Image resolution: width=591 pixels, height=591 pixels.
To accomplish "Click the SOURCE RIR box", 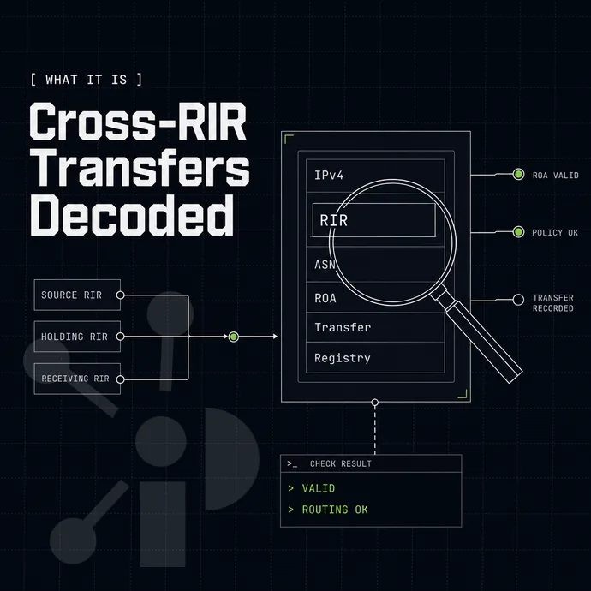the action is (x=77, y=295).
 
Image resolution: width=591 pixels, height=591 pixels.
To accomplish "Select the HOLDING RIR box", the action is (x=77, y=337).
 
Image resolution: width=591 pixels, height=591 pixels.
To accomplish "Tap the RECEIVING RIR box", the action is (x=77, y=379).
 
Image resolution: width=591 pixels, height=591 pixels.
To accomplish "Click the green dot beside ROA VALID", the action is (x=519, y=174).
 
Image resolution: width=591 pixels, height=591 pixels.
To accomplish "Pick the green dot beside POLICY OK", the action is (x=519, y=232).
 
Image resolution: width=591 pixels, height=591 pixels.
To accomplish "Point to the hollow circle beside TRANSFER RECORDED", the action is (x=519, y=300).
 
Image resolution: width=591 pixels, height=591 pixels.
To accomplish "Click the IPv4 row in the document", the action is (x=375, y=176).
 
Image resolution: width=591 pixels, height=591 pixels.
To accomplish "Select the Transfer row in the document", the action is (x=375, y=327).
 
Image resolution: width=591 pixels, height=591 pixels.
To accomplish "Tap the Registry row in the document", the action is (x=375, y=358).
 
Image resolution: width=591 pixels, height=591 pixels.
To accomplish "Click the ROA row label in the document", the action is (x=325, y=298).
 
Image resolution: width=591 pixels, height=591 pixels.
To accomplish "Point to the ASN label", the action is (x=325, y=265).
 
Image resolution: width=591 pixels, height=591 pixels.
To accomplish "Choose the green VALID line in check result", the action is (x=318, y=488).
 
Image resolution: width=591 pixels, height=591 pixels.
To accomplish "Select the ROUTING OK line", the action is (x=335, y=510).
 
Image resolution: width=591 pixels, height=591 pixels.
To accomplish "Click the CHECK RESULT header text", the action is (x=341, y=463).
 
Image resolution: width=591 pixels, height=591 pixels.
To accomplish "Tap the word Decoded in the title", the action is (x=132, y=215).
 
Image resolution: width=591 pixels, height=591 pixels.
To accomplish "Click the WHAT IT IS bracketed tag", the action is (x=87, y=80).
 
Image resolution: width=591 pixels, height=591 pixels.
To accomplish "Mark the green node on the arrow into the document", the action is (x=234, y=337).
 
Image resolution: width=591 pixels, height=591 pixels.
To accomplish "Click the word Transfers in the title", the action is (x=140, y=167).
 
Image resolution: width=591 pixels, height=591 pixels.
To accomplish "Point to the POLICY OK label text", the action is (x=555, y=233).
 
